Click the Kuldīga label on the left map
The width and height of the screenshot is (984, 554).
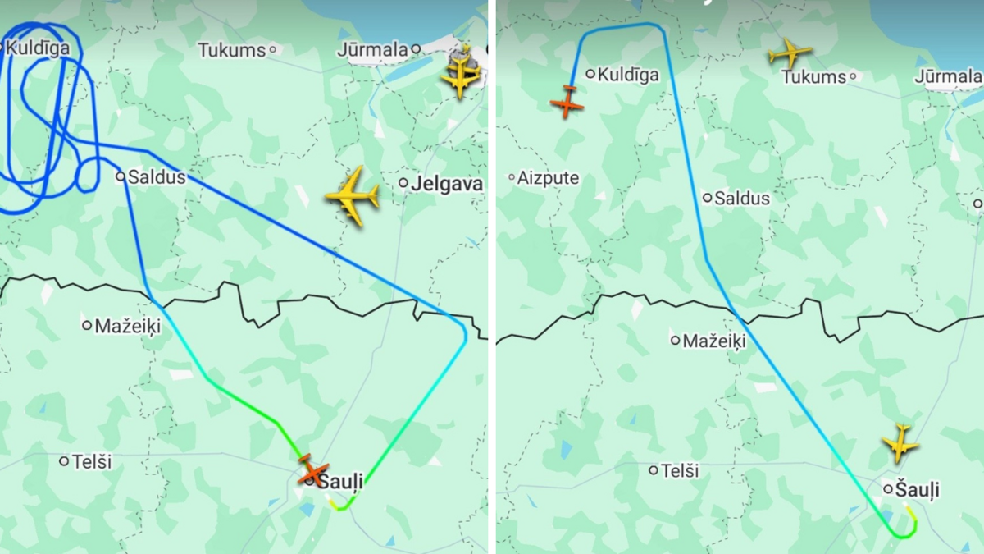(x=38, y=48)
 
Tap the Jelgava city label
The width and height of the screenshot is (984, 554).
(x=447, y=184)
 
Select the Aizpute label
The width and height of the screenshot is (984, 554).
(x=548, y=178)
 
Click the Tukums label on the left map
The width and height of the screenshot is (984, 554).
(x=232, y=50)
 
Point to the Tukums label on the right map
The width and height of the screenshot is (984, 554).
(x=813, y=77)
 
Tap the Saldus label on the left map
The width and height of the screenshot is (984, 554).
(x=157, y=177)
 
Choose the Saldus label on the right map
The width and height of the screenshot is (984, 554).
(x=742, y=199)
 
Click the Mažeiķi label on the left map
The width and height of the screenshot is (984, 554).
(x=128, y=326)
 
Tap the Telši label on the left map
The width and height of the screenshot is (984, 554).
(x=92, y=462)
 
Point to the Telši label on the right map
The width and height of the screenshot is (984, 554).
(x=680, y=471)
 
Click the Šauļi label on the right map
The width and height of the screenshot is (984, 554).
(x=918, y=491)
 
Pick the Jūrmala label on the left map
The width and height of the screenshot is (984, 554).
(x=372, y=50)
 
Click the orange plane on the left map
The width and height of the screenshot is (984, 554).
(x=313, y=470)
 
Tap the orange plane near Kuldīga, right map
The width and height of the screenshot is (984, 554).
(x=567, y=102)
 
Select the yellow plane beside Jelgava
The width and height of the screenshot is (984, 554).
(x=353, y=196)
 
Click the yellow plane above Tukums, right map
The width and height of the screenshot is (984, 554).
(x=790, y=53)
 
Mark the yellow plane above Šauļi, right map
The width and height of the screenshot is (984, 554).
(x=900, y=442)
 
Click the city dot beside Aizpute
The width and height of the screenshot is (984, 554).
(x=512, y=177)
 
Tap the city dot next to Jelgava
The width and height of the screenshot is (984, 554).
(x=404, y=183)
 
